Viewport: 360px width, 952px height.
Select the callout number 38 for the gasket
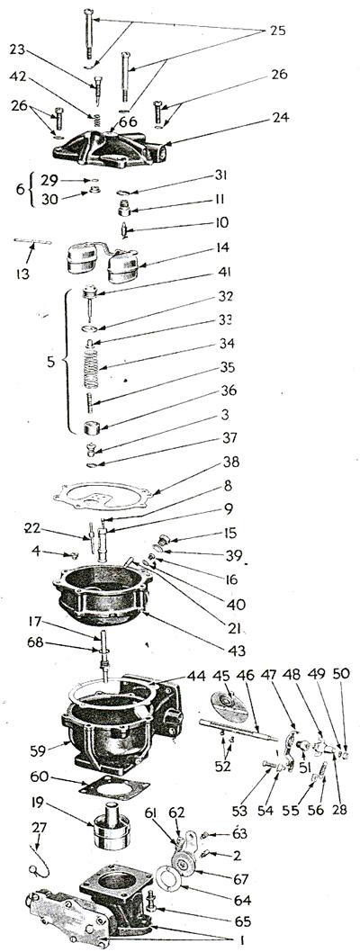230,463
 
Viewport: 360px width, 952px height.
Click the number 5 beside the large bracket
51,363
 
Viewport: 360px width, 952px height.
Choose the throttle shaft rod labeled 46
238,729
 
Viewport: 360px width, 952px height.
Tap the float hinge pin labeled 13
32,242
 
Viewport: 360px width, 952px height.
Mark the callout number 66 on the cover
128,122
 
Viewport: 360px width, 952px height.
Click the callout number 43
237,651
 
